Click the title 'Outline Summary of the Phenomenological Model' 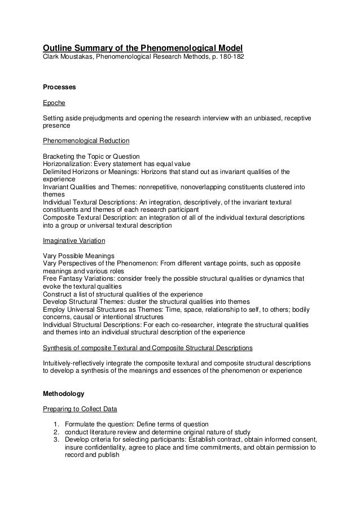pos(143,47)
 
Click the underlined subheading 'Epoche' pos(54,103)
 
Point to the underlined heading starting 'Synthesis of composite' pos(148,347)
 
